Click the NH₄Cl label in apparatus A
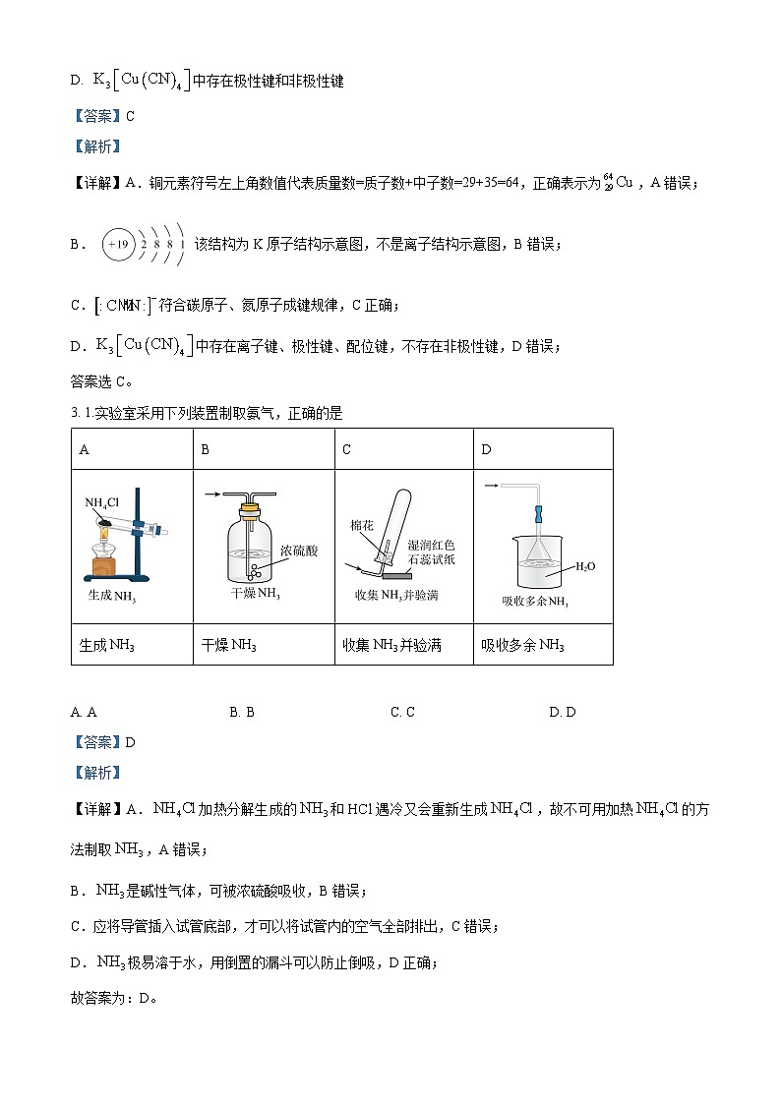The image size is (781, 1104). (x=102, y=503)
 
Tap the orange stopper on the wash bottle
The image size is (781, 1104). (x=253, y=509)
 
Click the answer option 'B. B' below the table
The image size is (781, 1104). (x=242, y=712)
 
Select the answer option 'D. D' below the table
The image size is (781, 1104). (x=563, y=712)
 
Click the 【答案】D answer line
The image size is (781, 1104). (x=103, y=742)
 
